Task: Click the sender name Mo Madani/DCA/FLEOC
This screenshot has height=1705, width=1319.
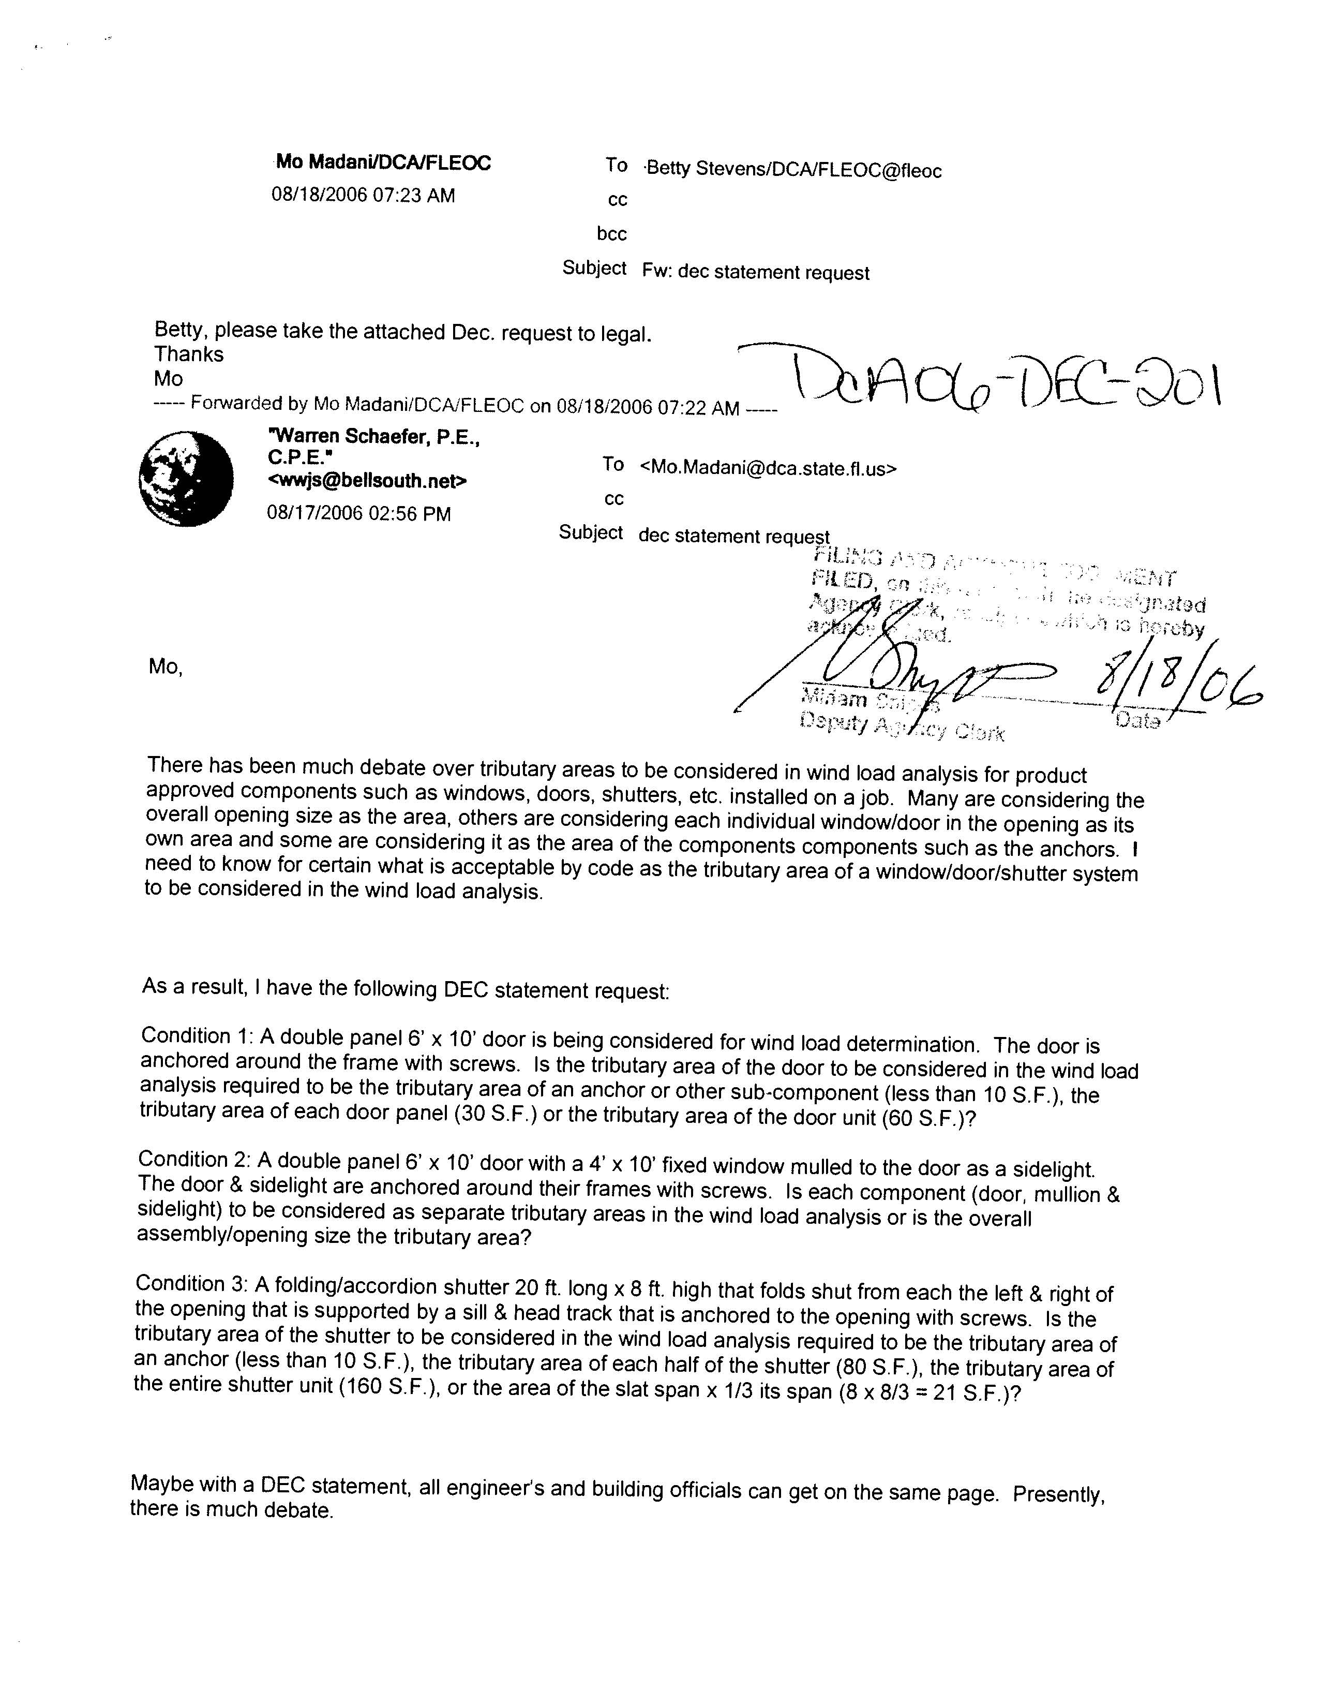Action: pos(383,162)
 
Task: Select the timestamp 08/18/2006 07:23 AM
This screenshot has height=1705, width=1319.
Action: pos(363,195)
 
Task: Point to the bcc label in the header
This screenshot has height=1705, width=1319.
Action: pos(612,233)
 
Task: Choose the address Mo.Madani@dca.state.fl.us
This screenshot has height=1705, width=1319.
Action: pos(768,468)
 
